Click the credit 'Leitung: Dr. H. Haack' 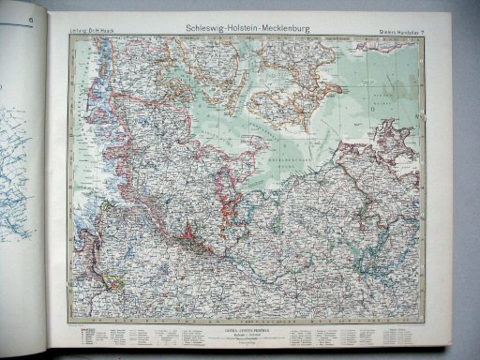92,34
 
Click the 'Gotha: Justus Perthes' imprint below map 246,327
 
